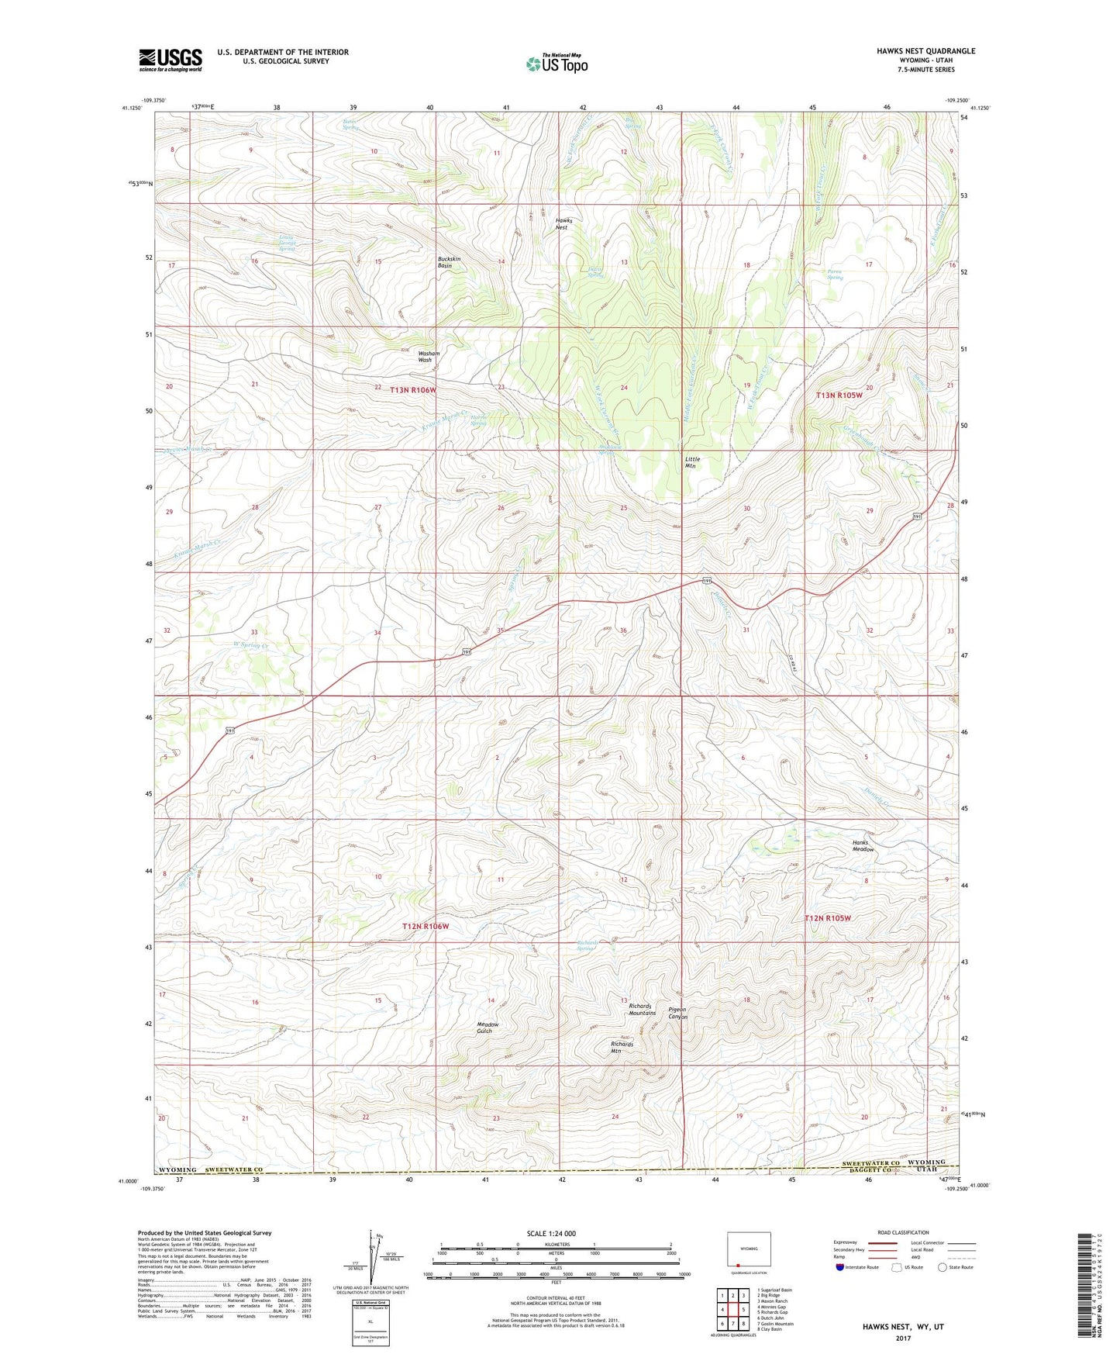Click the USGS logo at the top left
tap(171, 59)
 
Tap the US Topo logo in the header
tap(557, 64)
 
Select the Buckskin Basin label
tap(450, 262)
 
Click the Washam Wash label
tap(429, 357)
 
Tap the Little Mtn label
tap(692, 463)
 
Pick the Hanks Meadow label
tap(862, 846)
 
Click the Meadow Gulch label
tap(488, 1028)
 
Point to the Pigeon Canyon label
tap(677, 1014)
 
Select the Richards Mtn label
tap(622, 1048)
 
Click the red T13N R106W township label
tap(413, 391)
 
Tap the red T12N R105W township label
tap(828, 918)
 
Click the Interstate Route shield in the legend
tap(841, 1267)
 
